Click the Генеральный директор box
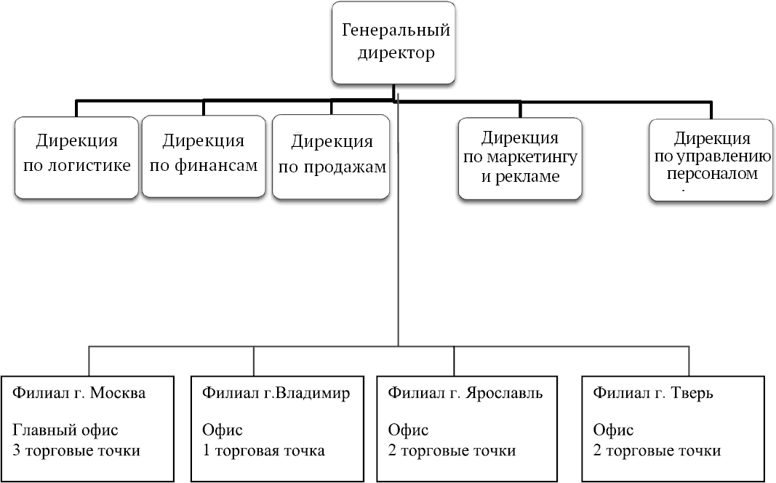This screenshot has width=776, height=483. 395,42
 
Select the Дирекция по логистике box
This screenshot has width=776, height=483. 76,156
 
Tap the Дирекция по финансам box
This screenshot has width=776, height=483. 203,156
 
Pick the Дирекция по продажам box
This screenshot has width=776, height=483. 331,157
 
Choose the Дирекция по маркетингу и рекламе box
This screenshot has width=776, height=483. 519,158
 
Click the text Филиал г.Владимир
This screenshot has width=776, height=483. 276,394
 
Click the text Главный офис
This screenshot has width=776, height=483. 65,431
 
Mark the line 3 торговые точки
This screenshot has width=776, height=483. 76,451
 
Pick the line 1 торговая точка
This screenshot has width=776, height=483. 263,451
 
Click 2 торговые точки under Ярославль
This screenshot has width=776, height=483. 452,451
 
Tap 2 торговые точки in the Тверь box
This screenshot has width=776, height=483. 657,451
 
